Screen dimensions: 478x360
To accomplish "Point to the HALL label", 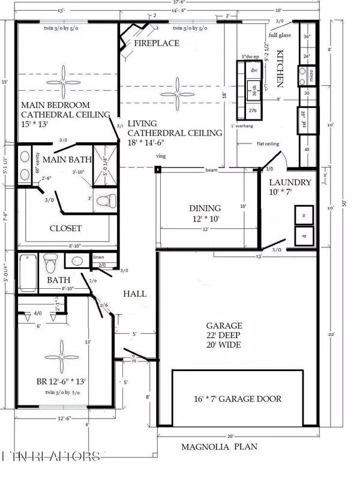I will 136,294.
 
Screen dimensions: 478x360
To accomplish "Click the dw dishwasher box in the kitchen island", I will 253,70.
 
